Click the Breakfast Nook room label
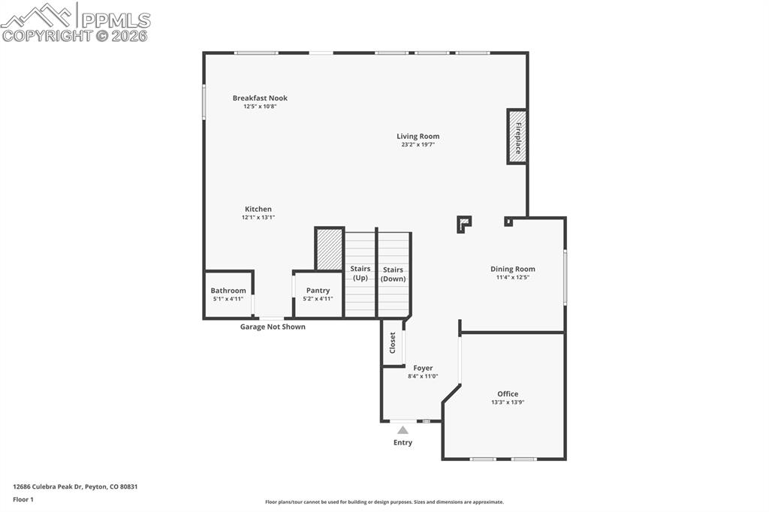point(260,98)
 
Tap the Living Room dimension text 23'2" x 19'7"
point(418,144)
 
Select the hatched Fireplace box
point(517,137)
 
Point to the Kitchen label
point(258,209)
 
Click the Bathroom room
point(228,294)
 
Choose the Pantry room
point(318,294)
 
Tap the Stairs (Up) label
point(360,273)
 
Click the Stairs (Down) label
point(393,274)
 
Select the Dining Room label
point(513,269)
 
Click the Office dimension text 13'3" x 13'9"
point(508,402)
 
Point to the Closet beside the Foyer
point(393,343)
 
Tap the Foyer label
point(423,368)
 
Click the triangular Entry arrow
point(403,430)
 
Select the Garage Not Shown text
point(273,327)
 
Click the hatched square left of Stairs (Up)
point(330,249)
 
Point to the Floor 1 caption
point(23,499)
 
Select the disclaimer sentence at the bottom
point(384,502)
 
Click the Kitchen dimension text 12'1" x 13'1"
point(258,217)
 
